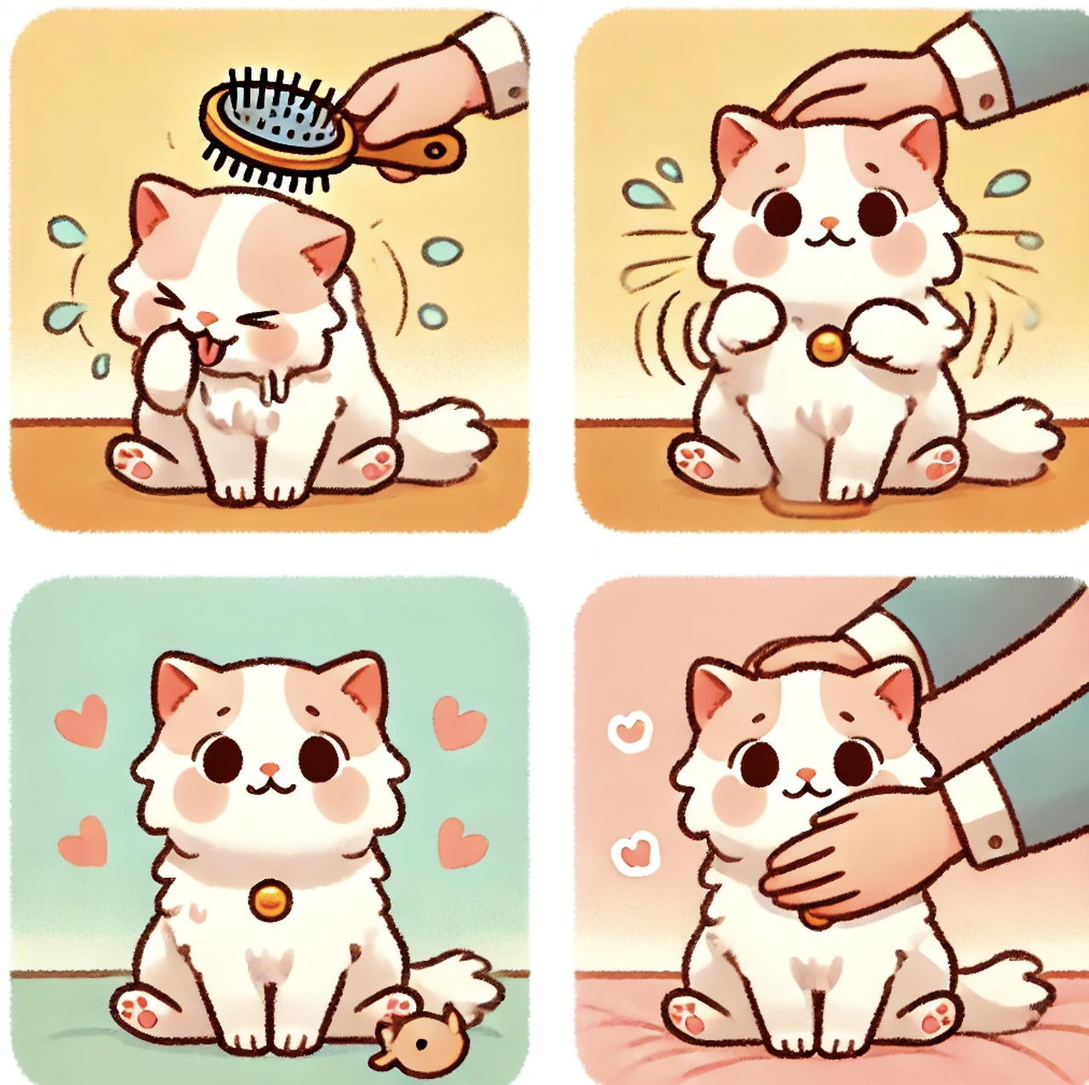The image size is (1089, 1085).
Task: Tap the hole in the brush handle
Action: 436,151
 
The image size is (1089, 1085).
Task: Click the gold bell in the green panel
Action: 270,899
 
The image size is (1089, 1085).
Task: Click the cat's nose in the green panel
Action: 270,770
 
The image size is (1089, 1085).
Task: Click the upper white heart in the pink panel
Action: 630,730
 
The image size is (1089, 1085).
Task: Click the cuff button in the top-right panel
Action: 987,101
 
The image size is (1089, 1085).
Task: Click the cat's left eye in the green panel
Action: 222,758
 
